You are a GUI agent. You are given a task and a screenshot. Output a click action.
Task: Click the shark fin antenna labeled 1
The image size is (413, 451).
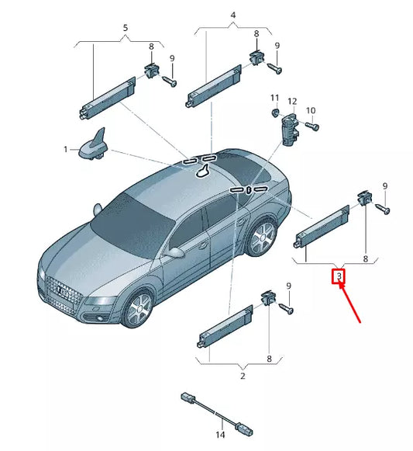[x=93, y=145]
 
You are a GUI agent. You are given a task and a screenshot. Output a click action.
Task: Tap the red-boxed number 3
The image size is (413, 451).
[x=339, y=276]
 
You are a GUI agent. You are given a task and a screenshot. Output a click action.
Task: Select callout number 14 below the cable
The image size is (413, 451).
[x=220, y=435]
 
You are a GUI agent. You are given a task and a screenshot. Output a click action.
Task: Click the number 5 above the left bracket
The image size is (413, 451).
[x=126, y=28]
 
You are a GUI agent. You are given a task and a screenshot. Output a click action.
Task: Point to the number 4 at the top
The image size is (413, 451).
[x=233, y=15]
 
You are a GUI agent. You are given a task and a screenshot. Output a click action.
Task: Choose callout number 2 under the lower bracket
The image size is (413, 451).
[x=243, y=376]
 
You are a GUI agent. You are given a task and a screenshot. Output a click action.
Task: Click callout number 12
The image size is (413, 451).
[x=292, y=101]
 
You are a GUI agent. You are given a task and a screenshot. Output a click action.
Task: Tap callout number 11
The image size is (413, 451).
[x=274, y=98]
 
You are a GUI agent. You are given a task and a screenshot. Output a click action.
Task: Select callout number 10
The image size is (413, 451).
[x=311, y=110]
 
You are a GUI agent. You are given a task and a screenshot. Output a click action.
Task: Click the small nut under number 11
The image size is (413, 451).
[x=276, y=113]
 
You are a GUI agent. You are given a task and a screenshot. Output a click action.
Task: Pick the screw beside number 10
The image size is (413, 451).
[x=311, y=126]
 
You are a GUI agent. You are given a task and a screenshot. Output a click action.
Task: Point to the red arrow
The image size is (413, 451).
[x=349, y=304]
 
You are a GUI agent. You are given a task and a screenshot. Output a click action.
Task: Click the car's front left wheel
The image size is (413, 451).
[x=140, y=310]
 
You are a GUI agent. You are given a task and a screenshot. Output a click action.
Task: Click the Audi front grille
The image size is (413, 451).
[x=64, y=294]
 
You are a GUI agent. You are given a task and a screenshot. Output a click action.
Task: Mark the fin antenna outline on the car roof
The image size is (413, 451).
[x=203, y=170]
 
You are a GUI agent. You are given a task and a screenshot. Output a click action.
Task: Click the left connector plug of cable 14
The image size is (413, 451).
[x=188, y=397]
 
